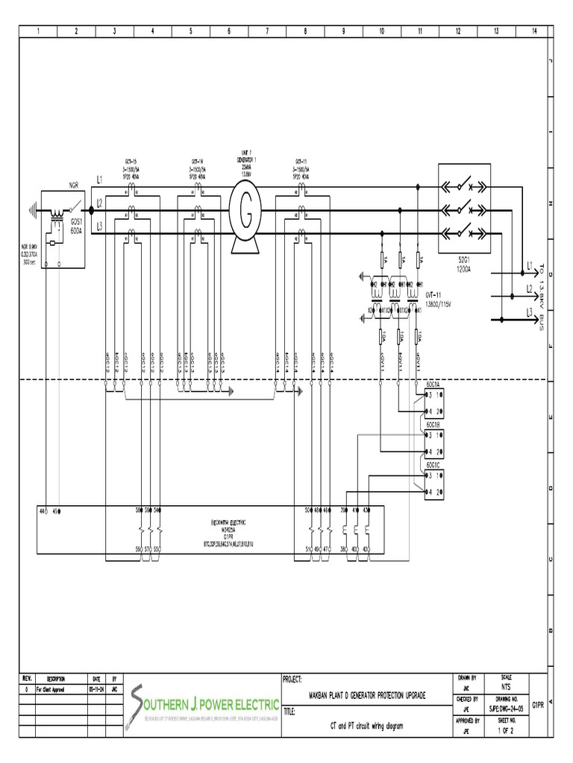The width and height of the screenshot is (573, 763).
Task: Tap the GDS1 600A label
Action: tap(77, 227)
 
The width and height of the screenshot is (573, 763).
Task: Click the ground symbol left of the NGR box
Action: tap(33, 211)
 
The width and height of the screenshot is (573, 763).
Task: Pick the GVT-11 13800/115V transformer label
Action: tap(439, 300)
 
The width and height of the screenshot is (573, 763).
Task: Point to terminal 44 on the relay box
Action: tap(43, 511)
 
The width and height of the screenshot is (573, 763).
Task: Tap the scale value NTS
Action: tap(507, 688)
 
